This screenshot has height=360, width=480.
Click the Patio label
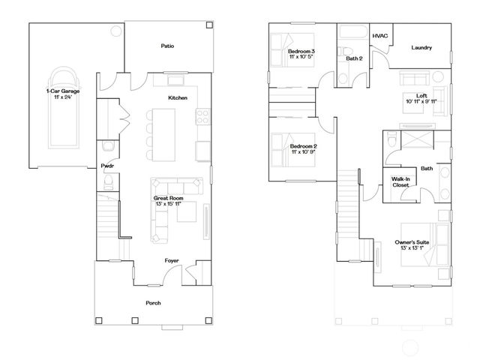point(167,46)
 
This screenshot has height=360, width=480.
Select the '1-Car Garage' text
point(62,91)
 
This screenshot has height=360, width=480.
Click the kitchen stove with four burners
point(202,116)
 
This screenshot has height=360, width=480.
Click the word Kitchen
point(177,98)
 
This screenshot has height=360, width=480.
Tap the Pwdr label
point(107,166)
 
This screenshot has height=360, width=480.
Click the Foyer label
point(172,261)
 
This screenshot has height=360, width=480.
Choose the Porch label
point(152,302)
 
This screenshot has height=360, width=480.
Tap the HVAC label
point(379,35)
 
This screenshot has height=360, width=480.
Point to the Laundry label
point(421,48)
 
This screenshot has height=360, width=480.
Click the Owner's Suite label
point(411,242)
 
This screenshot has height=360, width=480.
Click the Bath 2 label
point(353,58)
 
